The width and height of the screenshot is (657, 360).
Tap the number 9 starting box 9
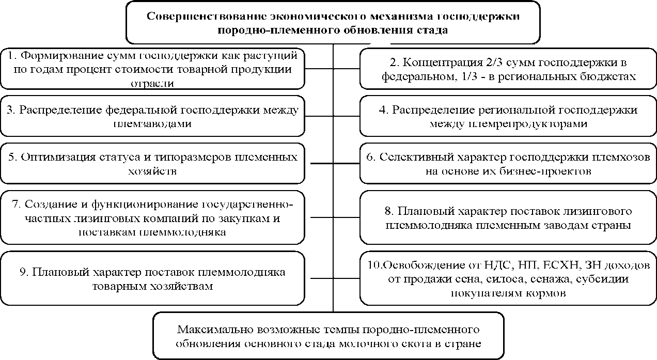point(22,272)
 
